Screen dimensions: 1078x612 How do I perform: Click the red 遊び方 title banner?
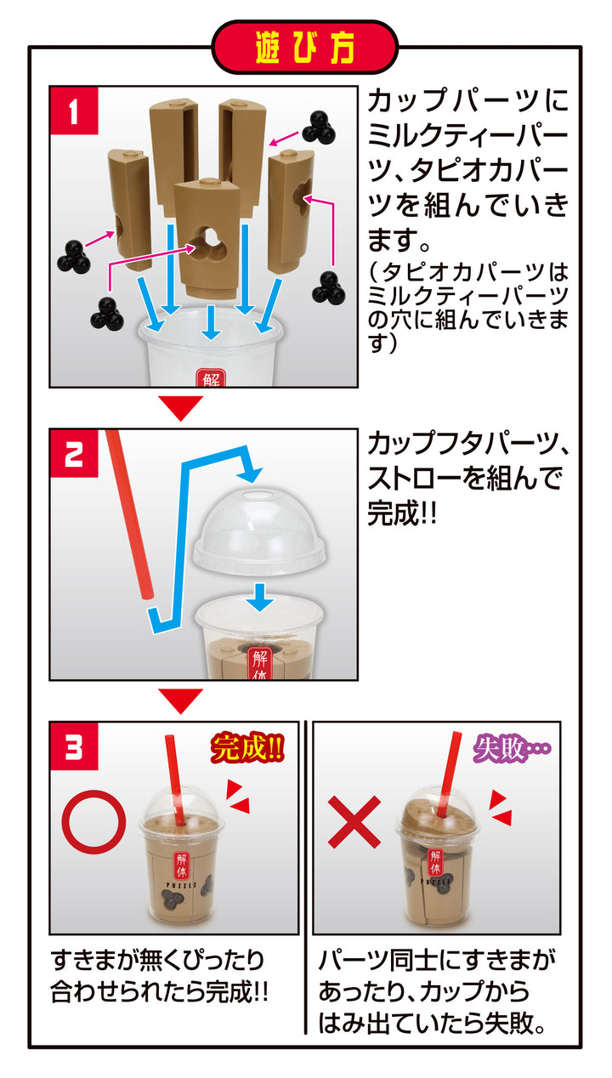305,48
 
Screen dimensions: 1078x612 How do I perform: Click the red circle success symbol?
93,822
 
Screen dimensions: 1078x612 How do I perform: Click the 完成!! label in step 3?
246,749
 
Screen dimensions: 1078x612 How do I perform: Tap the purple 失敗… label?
511,749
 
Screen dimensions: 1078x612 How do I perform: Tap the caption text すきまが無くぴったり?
157,961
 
